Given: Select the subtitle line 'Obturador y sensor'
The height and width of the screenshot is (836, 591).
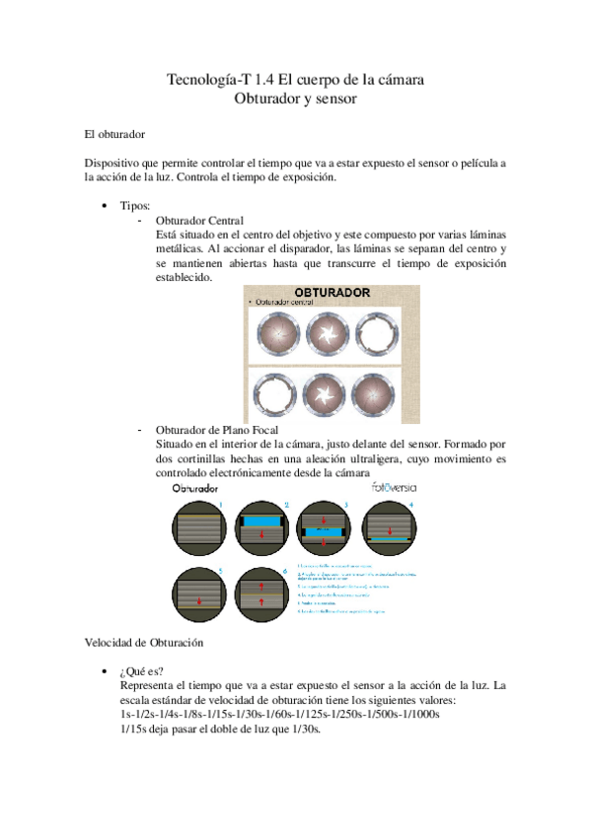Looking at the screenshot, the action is [x=296, y=99].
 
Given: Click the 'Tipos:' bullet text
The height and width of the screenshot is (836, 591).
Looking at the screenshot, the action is [x=135, y=205].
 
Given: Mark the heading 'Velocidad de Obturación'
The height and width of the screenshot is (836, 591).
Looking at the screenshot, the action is [x=143, y=642].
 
